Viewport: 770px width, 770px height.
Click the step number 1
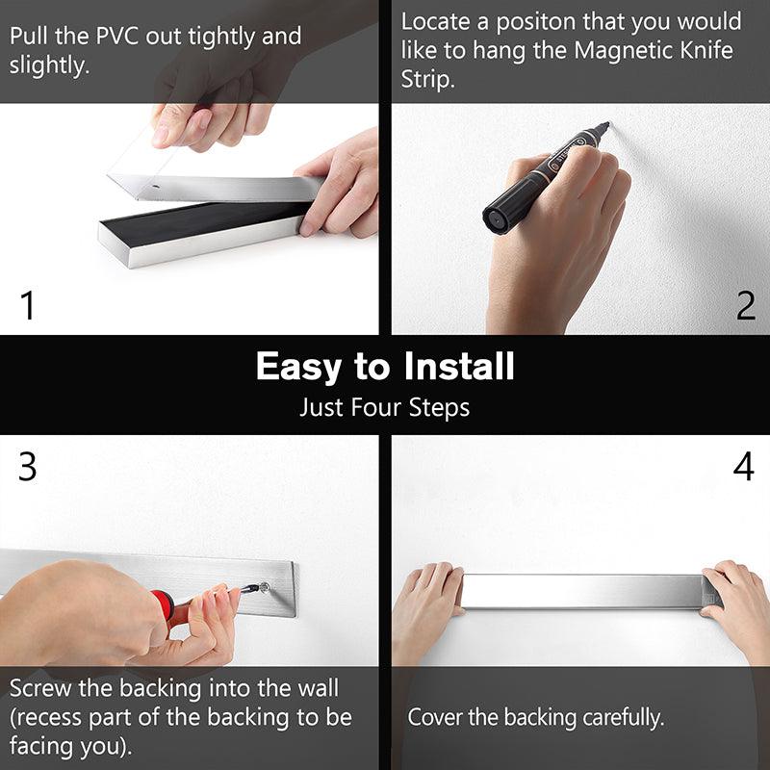tap(28, 305)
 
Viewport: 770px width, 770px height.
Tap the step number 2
tap(745, 305)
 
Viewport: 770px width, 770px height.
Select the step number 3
tap(28, 467)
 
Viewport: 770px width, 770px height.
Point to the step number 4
tap(743, 467)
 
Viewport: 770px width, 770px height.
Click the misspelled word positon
tap(535, 22)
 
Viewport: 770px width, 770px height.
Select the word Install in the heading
tap(459, 367)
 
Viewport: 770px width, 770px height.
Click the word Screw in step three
tap(40, 688)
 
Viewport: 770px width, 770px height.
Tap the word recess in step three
tap(48, 718)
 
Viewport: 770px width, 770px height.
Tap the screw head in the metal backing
tap(265, 586)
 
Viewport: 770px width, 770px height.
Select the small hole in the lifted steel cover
tap(155, 187)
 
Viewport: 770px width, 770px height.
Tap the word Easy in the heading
tap(298, 368)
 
